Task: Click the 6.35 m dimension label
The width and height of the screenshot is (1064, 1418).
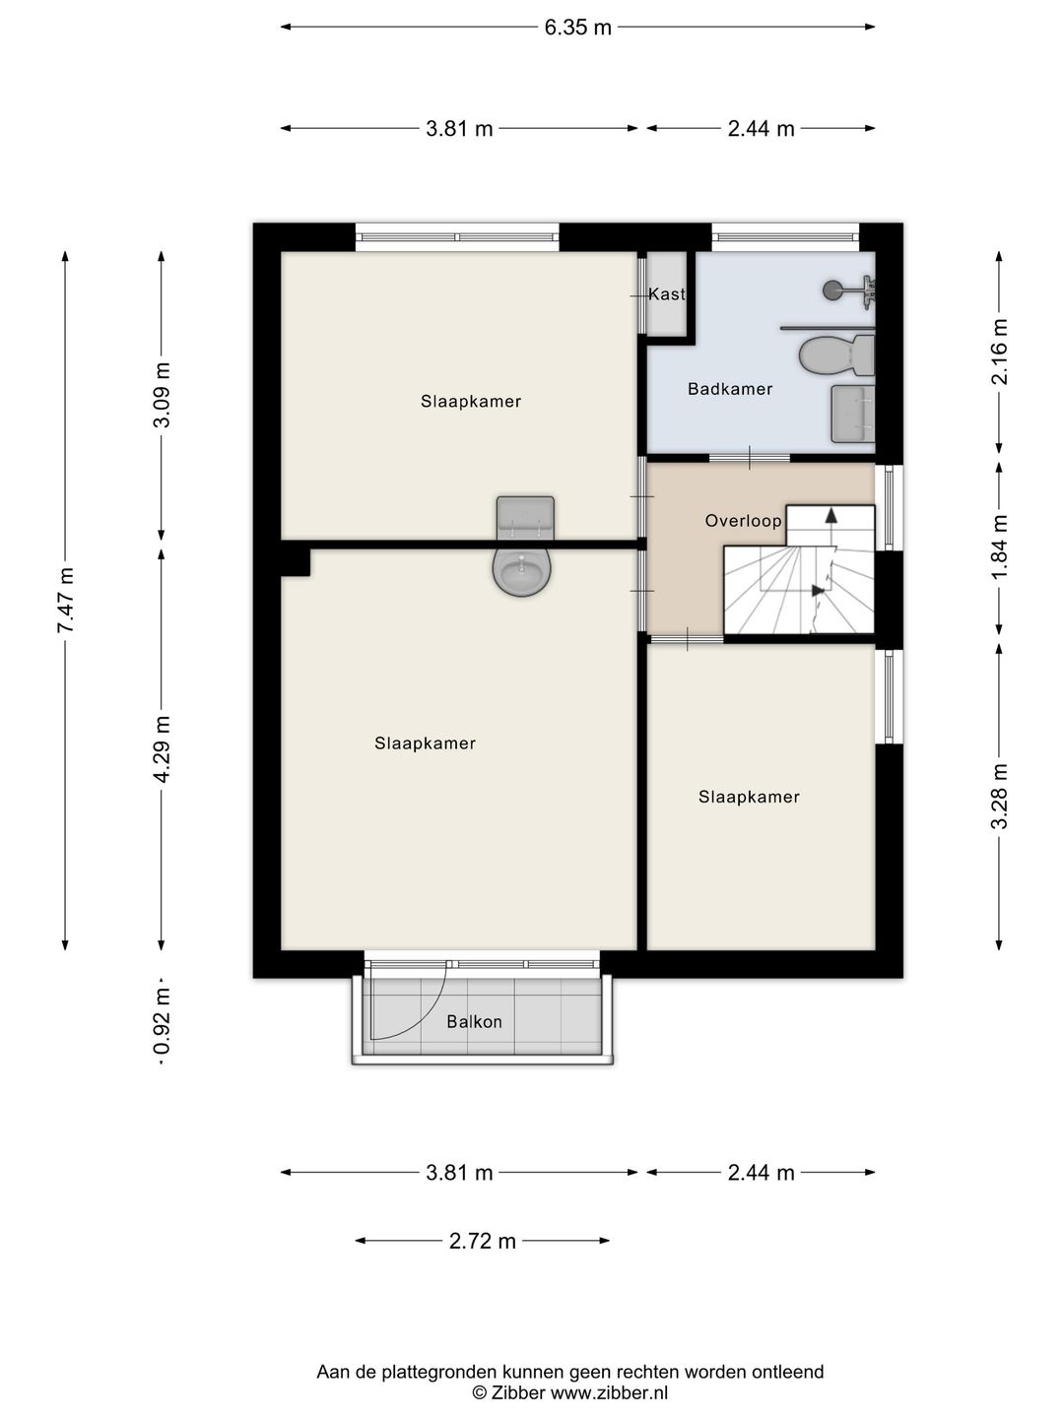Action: (577, 28)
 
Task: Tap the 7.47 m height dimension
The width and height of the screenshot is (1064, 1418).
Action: (66, 600)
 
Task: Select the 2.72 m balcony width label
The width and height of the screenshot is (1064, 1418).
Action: (483, 1241)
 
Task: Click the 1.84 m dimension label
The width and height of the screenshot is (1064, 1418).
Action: (999, 547)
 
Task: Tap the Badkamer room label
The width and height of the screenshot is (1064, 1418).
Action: (730, 389)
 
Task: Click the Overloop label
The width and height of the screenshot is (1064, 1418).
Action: (743, 521)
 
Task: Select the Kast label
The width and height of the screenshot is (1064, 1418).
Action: (666, 294)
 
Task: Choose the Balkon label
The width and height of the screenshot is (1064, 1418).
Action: (474, 1021)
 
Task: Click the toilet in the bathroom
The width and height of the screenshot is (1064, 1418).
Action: (836, 354)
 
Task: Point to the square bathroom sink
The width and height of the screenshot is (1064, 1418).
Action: (853, 415)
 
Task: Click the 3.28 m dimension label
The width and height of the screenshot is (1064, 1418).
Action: (999, 796)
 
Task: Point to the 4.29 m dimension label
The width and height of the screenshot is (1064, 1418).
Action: (163, 749)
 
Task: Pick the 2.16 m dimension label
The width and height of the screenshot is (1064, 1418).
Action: (999, 353)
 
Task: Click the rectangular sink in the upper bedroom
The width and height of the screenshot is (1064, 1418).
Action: (525, 517)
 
